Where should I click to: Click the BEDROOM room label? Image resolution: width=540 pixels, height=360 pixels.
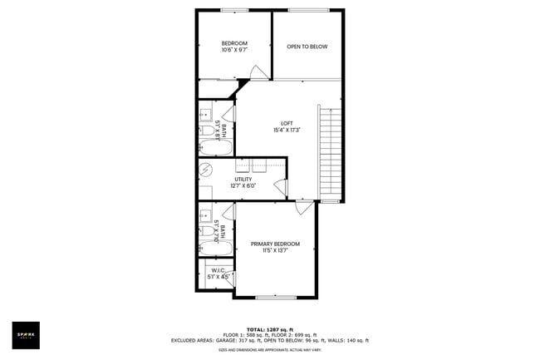233,43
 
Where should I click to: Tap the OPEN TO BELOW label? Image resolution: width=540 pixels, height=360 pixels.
307,47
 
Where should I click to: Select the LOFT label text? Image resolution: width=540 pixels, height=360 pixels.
286,123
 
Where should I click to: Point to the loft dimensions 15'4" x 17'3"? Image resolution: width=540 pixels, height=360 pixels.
286,131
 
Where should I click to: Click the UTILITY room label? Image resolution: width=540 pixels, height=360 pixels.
243,179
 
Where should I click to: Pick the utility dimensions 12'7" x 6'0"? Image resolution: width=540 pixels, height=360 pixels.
243,185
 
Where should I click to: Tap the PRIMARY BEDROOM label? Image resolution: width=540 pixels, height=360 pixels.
275,243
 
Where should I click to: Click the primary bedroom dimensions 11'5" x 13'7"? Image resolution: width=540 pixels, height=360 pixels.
275,250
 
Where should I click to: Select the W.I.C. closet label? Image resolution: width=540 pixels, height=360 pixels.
218,270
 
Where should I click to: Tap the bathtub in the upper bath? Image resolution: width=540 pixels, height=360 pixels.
215,149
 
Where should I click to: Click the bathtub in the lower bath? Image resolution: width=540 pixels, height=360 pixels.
215,248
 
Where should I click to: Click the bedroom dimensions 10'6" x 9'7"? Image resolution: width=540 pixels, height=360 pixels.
233,51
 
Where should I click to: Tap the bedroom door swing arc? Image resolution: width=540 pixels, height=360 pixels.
259,72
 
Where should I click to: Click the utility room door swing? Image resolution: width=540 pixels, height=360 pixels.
280,189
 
